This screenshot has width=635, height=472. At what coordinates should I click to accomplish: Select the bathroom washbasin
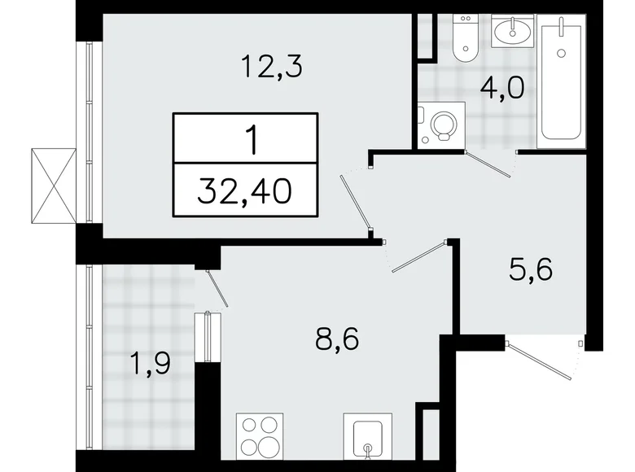[514, 33]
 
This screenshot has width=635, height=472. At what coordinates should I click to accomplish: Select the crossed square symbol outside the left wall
[51, 185]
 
